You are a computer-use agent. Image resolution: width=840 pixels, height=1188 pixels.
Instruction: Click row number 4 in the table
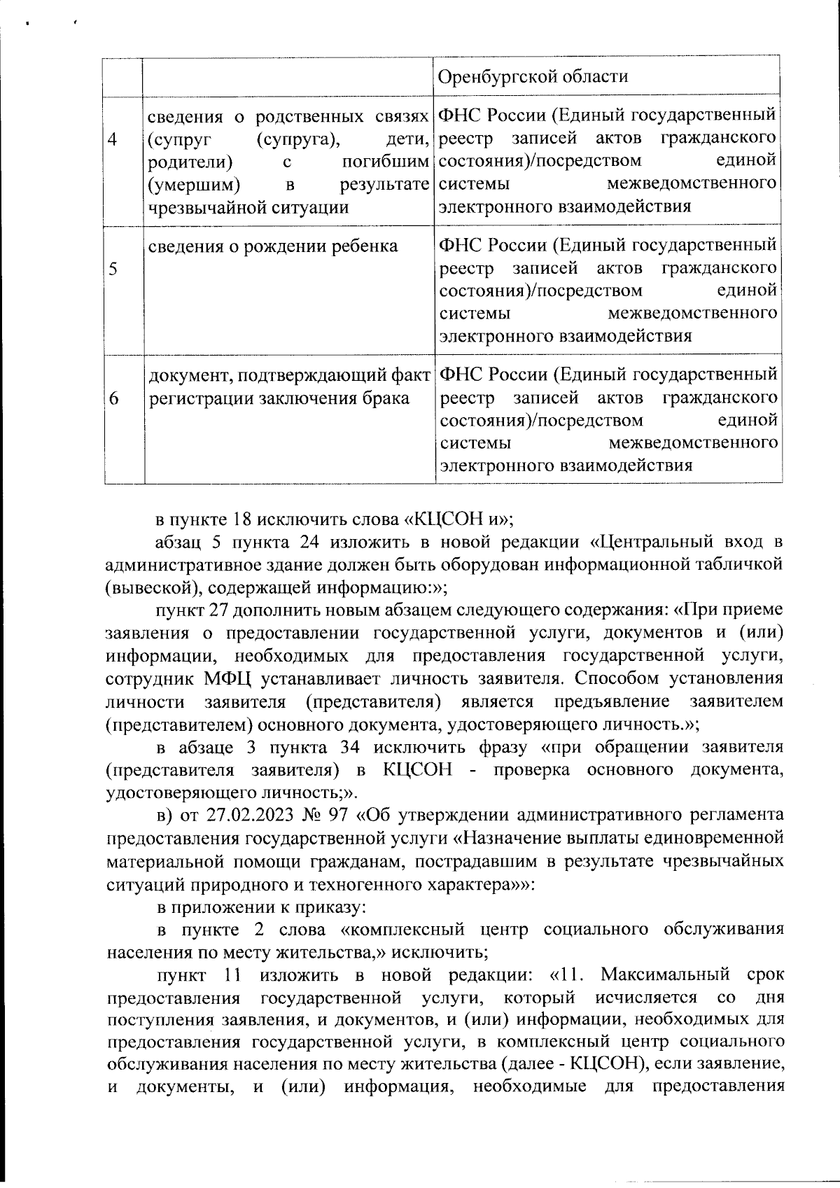tap(113, 140)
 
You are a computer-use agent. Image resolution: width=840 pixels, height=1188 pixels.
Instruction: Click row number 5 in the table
tap(113, 270)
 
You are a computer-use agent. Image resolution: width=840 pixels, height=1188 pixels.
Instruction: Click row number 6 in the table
tap(113, 398)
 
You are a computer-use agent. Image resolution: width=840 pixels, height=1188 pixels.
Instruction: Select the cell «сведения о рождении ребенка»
tap(274, 246)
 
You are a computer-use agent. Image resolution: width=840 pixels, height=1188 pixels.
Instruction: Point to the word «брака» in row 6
tap(383, 398)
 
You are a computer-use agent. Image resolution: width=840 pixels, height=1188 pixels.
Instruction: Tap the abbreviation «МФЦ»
tap(227, 678)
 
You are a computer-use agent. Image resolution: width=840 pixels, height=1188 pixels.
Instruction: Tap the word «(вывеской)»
tap(142, 587)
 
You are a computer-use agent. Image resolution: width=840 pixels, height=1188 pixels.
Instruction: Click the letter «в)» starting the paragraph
tap(164, 816)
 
